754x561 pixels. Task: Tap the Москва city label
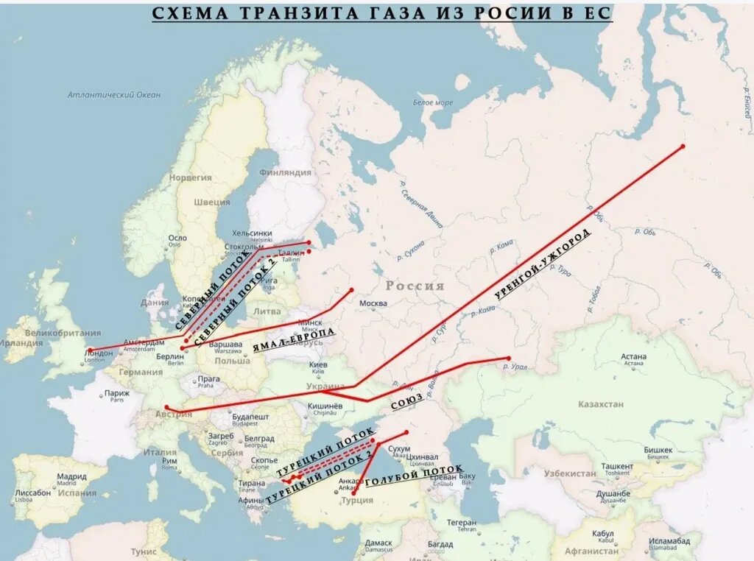(x=373, y=303)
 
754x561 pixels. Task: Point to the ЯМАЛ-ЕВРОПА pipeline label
(x=294, y=341)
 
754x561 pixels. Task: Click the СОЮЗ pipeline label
(x=407, y=401)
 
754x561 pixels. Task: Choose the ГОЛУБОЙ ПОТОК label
(x=415, y=477)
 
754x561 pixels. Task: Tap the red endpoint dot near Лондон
(x=91, y=350)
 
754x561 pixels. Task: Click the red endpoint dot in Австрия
(x=167, y=407)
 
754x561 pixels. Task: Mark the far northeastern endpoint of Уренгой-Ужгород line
(x=683, y=147)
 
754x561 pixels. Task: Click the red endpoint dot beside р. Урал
(x=508, y=359)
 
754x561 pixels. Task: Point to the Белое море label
(x=433, y=102)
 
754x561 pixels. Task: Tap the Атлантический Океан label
(x=114, y=94)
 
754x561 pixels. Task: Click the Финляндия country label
(x=286, y=172)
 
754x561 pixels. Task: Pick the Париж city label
(x=116, y=393)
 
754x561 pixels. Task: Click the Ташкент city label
(x=617, y=466)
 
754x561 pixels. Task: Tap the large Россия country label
(x=415, y=286)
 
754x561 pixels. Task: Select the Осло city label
(x=177, y=238)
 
